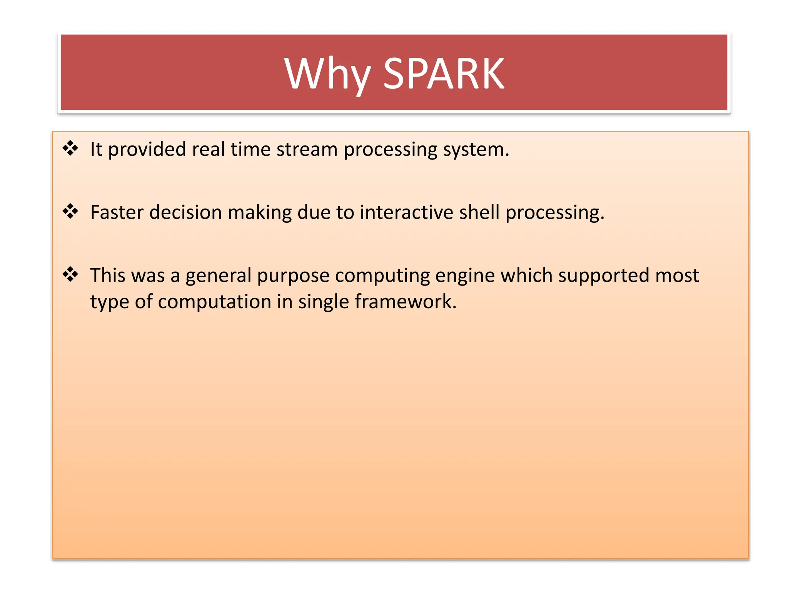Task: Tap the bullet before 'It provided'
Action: (x=70, y=148)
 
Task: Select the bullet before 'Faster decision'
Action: (x=70, y=211)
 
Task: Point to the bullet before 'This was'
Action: (x=70, y=274)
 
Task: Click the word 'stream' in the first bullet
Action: (x=307, y=149)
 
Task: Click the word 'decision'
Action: (x=185, y=212)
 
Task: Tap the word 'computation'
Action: (x=214, y=301)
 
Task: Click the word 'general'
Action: (x=218, y=276)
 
